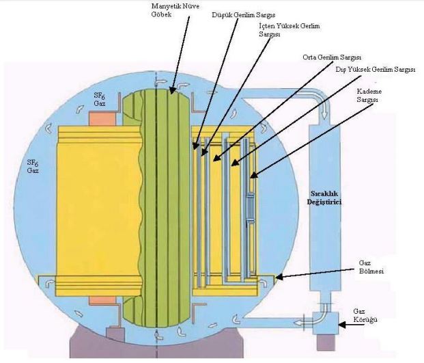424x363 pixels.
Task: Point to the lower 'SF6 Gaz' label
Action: pyautogui.click(x=32, y=166)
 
